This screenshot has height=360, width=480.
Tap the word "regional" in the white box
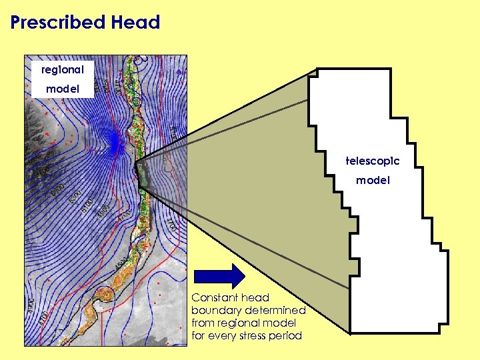[x=62, y=69]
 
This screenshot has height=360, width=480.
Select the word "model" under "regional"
[x=62, y=89]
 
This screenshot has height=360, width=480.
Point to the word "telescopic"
[x=372, y=161]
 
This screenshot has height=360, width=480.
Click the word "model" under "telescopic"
[x=372, y=180]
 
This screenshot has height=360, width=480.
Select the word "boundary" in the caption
[x=217, y=311]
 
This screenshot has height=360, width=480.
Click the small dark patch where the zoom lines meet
[x=142, y=174]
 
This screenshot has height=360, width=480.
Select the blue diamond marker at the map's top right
[x=179, y=71]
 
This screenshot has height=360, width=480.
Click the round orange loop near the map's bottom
[x=98, y=305]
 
